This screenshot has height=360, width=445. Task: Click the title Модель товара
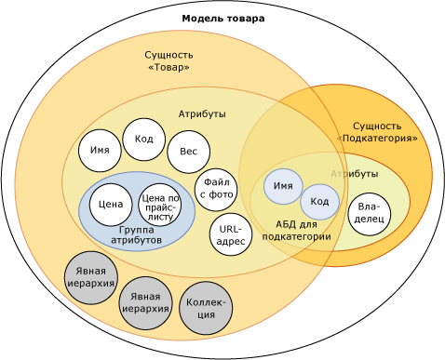coord(222,19)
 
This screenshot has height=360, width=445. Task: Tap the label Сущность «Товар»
coord(169,61)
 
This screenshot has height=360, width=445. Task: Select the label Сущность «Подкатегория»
coord(377,131)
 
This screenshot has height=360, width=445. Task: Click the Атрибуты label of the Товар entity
coord(202,113)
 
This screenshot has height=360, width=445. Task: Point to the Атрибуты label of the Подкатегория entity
coord(355,174)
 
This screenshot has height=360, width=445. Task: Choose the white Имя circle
coord(100,151)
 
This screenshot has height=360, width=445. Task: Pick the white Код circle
coord(144,140)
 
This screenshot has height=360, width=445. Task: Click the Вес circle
coord(188,152)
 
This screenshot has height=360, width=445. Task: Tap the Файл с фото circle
coord(216,190)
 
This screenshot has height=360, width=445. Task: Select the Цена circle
coord(111,204)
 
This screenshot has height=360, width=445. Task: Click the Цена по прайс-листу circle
coord(160,205)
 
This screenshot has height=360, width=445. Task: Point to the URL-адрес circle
coord(230,234)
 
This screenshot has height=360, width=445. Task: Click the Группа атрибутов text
coord(137,235)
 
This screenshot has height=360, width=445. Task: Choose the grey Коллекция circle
coord(206,309)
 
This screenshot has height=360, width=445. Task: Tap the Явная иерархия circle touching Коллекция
coord(145,303)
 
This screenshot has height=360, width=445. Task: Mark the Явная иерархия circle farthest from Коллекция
coord(90,277)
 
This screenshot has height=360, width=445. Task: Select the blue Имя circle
coord(283,186)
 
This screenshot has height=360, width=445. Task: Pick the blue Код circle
coord(319,202)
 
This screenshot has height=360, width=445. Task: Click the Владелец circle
coord(369,215)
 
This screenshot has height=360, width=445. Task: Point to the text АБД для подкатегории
coord(296,231)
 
